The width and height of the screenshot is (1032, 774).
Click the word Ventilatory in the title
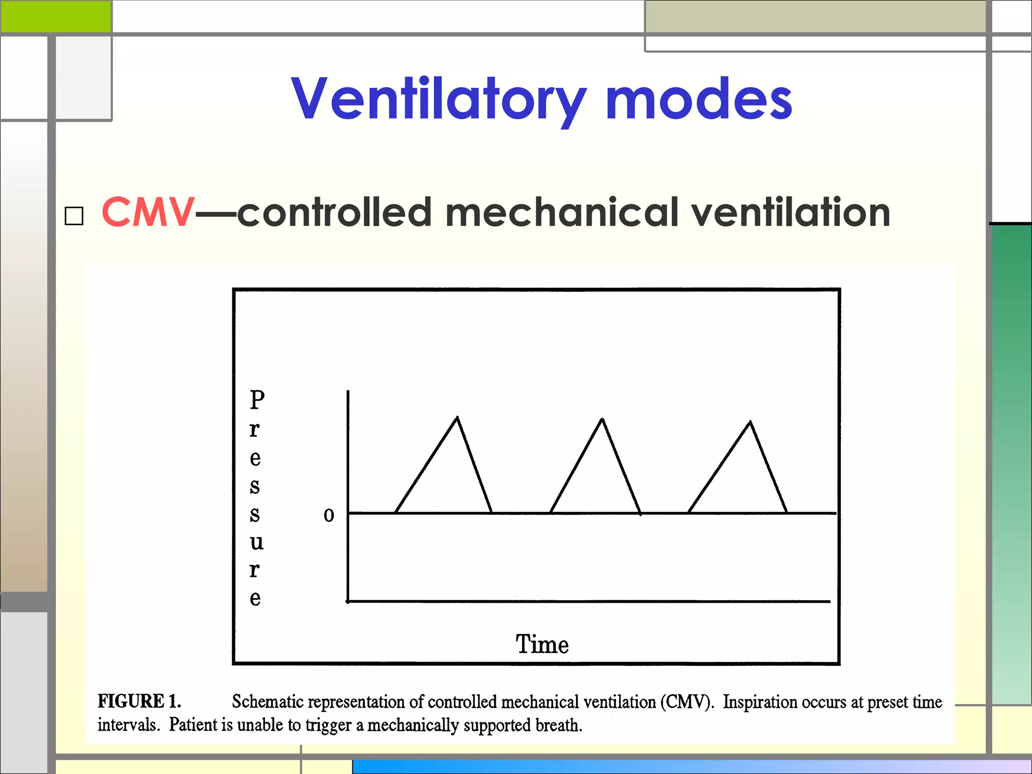pos(438,99)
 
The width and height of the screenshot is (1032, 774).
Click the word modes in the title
pos(699,99)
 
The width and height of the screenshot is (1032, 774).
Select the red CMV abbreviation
pos(148,213)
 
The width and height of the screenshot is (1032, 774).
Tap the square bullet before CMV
pos(74,216)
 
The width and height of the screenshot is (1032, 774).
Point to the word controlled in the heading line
pos(335,213)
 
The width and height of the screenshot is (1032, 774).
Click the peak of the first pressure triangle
pos(457,418)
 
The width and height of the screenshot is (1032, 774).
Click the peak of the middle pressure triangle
pos(602,419)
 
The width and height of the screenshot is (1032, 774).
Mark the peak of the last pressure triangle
pos(750,422)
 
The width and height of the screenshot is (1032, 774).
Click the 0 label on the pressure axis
pos(329,515)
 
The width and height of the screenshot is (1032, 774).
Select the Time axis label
pos(542,644)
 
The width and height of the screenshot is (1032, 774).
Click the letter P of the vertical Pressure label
pos(257,400)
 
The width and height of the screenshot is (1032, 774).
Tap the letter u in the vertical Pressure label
pos(256,542)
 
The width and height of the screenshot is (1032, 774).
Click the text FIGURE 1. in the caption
pos(139,701)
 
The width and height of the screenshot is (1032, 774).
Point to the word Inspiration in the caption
pos(760,701)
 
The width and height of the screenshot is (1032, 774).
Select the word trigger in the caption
pos(328,725)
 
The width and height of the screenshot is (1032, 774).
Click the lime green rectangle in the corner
pos(55,17)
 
